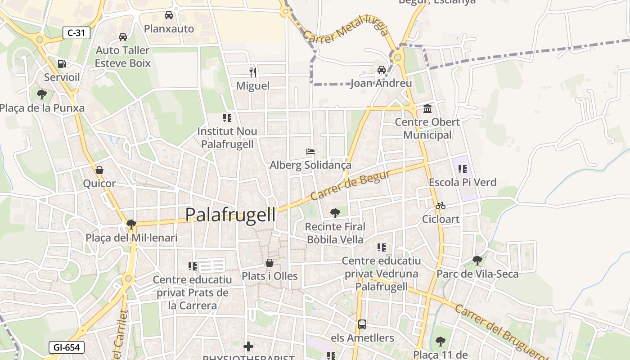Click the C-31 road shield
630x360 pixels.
[x=76, y=33]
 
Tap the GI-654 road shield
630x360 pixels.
[x=66, y=347]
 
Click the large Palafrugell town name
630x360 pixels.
[x=230, y=215]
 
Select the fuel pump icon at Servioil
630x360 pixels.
[x=62, y=64]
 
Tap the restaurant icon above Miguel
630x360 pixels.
[x=253, y=72]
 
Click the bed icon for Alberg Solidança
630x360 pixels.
[x=310, y=152]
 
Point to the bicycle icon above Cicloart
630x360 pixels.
[x=440, y=206]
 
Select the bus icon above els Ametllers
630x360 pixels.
[x=362, y=324]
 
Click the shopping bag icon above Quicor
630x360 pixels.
[x=99, y=170]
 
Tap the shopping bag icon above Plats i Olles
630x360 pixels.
[x=270, y=263]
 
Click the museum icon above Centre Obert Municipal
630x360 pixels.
[x=427, y=108]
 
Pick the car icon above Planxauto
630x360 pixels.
[x=169, y=15]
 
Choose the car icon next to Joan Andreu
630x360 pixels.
[x=382, y=70]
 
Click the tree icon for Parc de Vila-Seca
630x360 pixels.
[x=477, y=260]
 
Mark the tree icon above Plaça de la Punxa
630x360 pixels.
[x=42, y=94]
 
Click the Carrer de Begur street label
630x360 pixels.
[x=350, y=185]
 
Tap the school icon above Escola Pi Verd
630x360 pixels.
[x=462, y=169]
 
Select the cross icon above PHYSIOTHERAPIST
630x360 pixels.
[x=248, y=346]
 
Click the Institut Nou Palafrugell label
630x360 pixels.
[x=227, y=137]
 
